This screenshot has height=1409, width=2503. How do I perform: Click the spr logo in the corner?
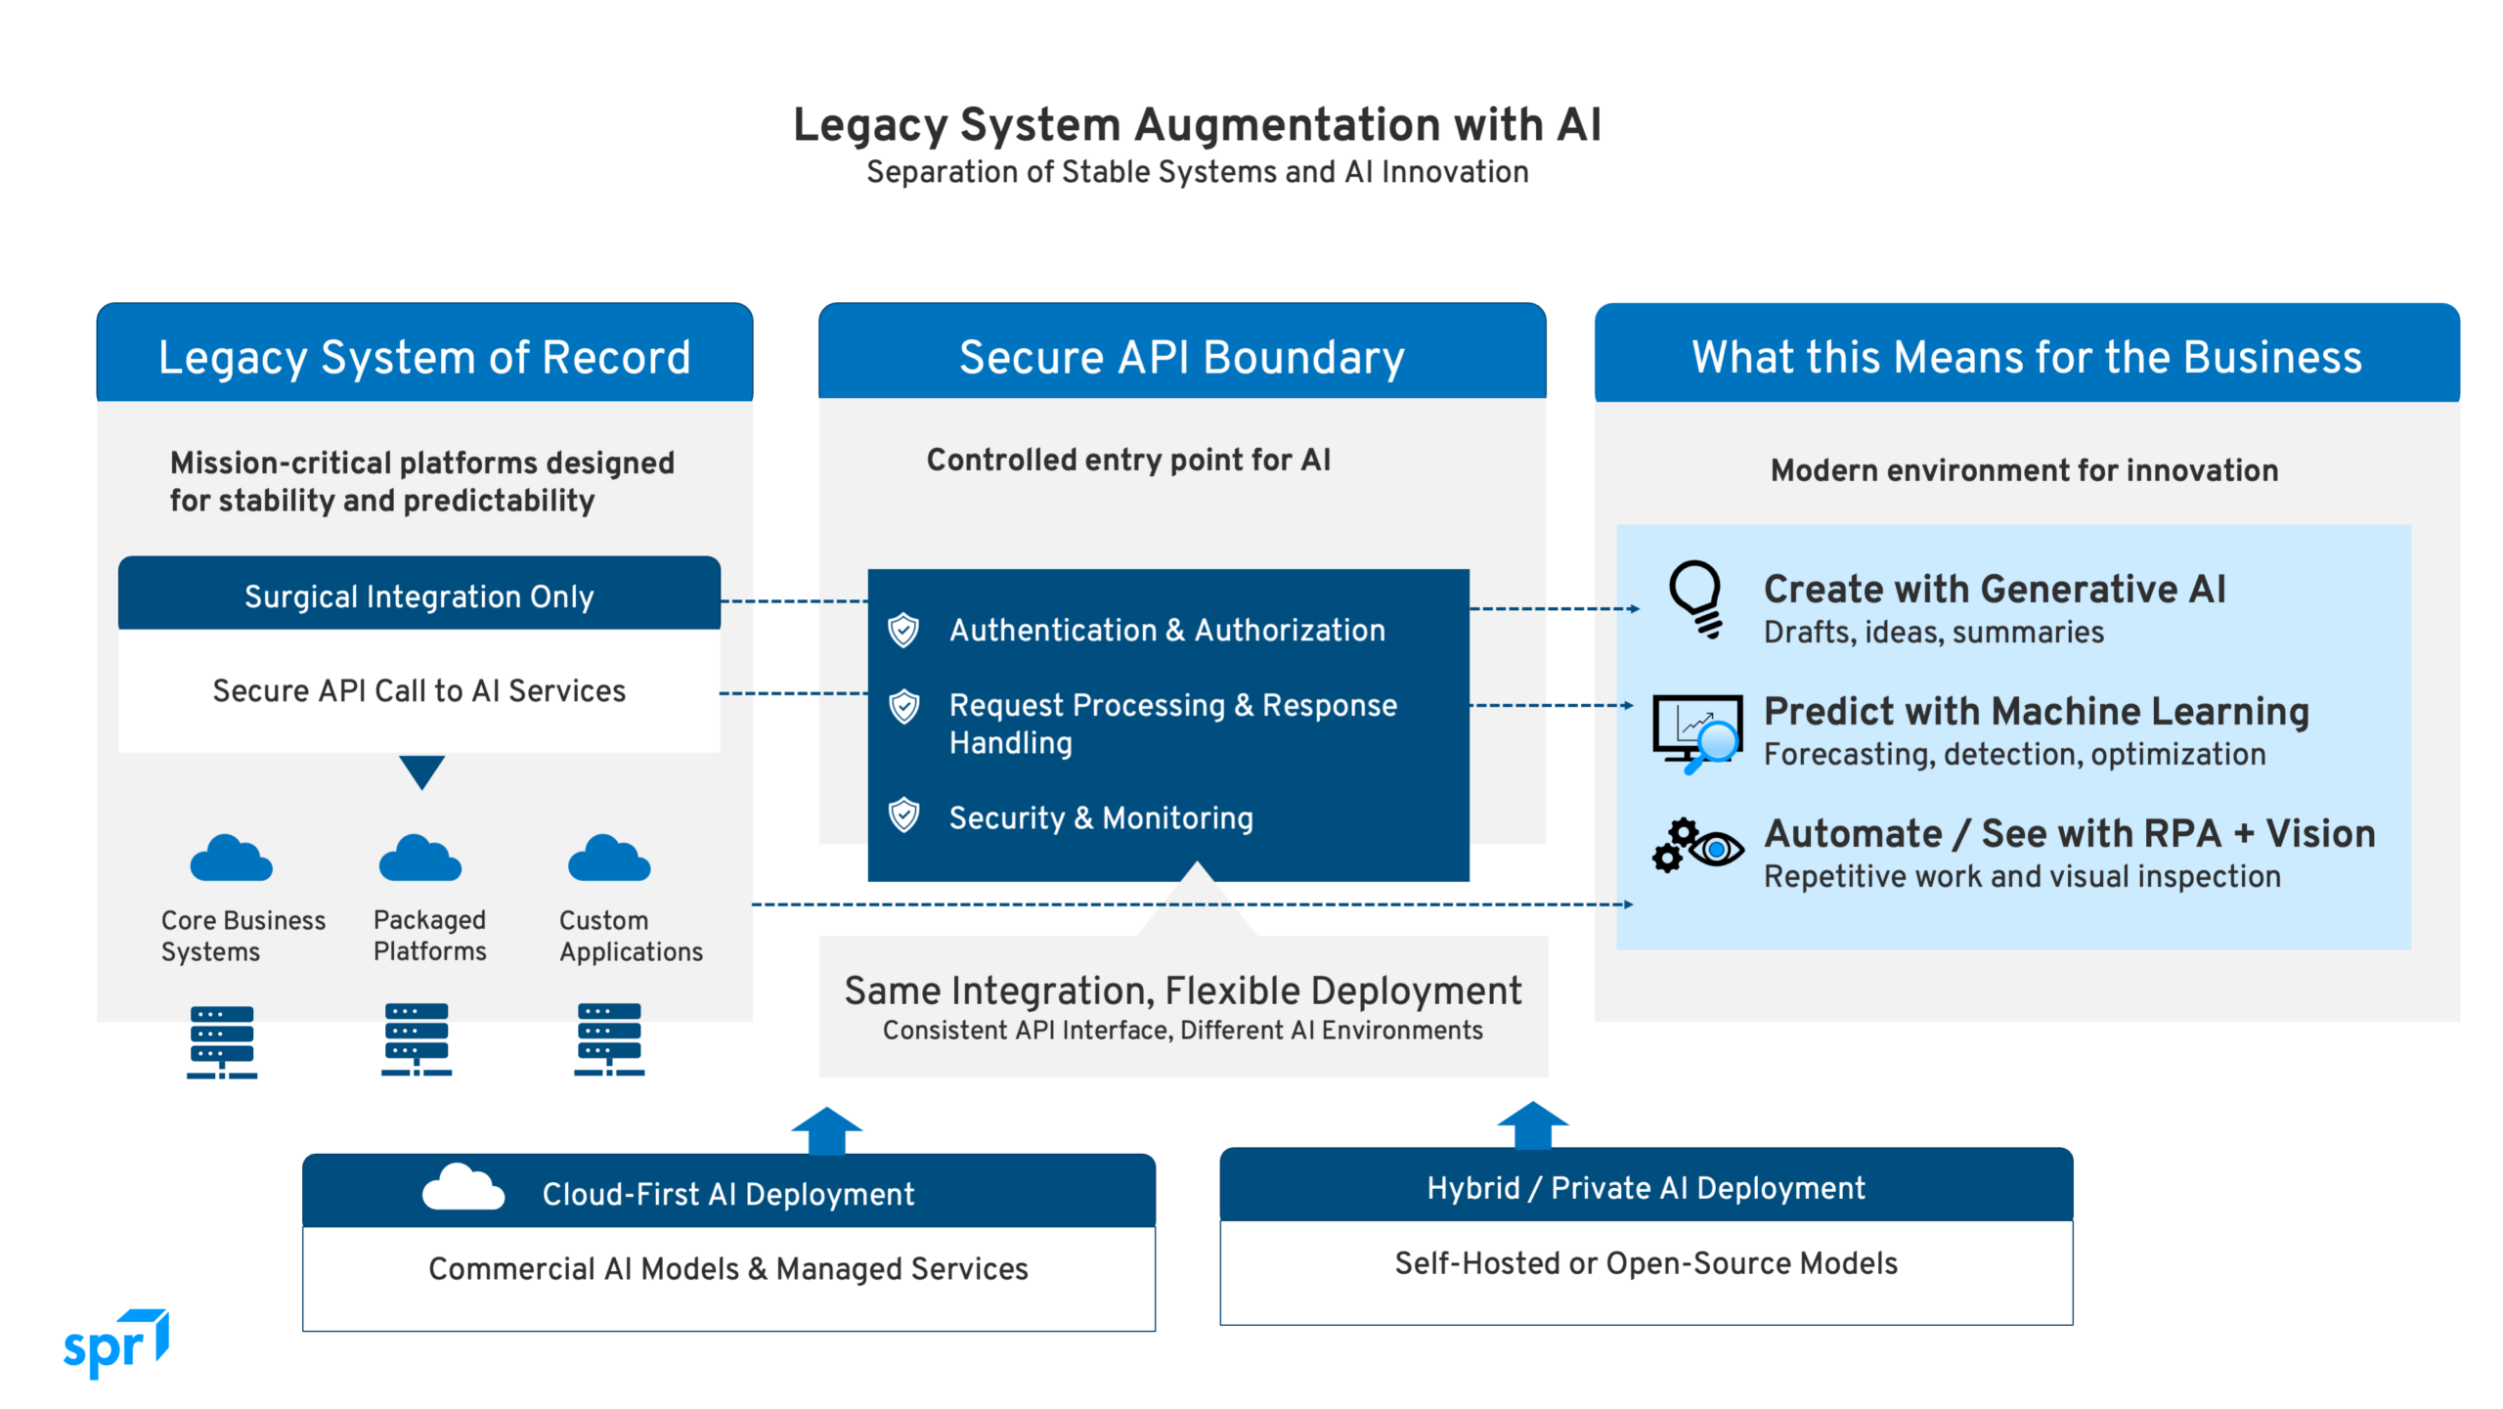click(x=115, y=1344)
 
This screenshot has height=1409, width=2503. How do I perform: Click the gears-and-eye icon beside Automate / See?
click(x=1696, y=846)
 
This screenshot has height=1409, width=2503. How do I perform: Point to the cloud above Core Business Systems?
click(x=231, y=859)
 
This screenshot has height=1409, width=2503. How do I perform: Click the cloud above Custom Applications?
click(x=608, y=859)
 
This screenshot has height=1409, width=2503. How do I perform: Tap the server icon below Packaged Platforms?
click(x=417, y=1039)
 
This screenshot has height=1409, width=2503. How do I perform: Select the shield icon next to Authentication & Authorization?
click(x=903, y=631)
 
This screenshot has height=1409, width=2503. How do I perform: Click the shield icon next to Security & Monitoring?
click(x=903, y=815)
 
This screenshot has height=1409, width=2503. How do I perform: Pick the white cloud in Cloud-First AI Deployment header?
click(x=462, y=1188)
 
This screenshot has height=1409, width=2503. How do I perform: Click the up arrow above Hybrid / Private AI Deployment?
click(x=1532, y=1125)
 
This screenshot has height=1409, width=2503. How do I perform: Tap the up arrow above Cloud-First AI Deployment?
click(x=826, y=1131)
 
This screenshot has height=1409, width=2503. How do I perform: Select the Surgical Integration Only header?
click(x=418, y=596)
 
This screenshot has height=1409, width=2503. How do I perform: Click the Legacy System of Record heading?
click(x=424, y=357)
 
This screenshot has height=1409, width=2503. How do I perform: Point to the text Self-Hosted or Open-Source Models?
click(x=1646, y=1263)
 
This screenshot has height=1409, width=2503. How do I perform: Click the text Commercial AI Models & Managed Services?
click(x=727, y=1269)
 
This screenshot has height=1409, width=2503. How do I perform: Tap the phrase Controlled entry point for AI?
click(x=1128, y=460)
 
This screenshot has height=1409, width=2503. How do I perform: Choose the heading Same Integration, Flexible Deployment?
click(x=1183, y=991)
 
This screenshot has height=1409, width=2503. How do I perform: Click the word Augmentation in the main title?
click(x=1287, y=125)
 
